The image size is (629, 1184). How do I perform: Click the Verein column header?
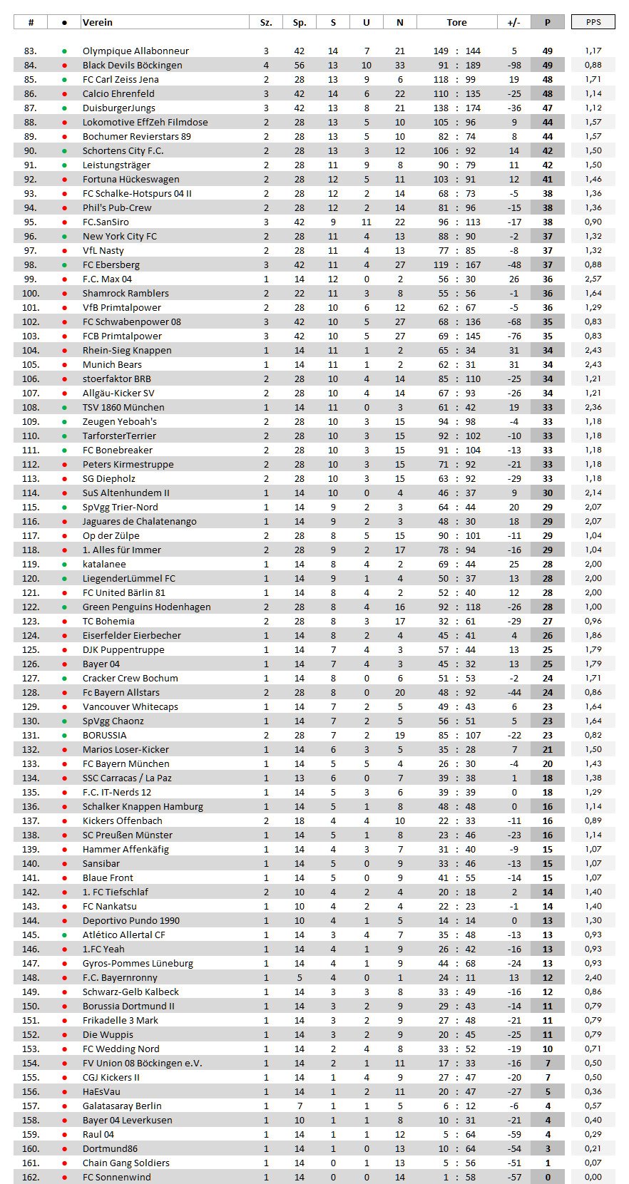pos(98,22)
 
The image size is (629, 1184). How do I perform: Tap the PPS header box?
pos(593,22)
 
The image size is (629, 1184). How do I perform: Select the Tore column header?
pos(457,22)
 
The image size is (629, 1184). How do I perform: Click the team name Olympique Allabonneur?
pos(135,51)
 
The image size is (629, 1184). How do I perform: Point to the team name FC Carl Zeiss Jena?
pos(121,79)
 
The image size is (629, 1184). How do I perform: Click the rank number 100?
pos(31,293)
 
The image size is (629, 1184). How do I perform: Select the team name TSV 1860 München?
pos(123,407)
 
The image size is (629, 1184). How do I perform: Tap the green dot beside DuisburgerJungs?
pos(65,108)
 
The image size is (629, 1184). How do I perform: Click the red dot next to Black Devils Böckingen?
pos(65,65)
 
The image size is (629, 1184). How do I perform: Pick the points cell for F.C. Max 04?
pos(548,279)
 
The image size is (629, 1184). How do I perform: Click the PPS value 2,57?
pos(593,279)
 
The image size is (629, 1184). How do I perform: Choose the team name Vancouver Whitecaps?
pos(131,706)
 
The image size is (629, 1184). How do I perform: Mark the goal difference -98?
pos(513,65)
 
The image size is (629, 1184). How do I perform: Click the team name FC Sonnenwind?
pos(117,1177)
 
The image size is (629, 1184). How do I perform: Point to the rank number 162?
pos(31,1177)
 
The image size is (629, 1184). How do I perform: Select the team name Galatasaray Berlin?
pos(122,1106)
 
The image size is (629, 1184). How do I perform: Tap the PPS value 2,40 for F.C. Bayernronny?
pos(593,977)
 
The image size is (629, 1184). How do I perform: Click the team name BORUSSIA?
pos(104,735)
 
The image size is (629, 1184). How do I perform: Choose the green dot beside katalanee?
pos(65,564)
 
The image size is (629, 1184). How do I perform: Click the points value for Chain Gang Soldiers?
pos(548,1163)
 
